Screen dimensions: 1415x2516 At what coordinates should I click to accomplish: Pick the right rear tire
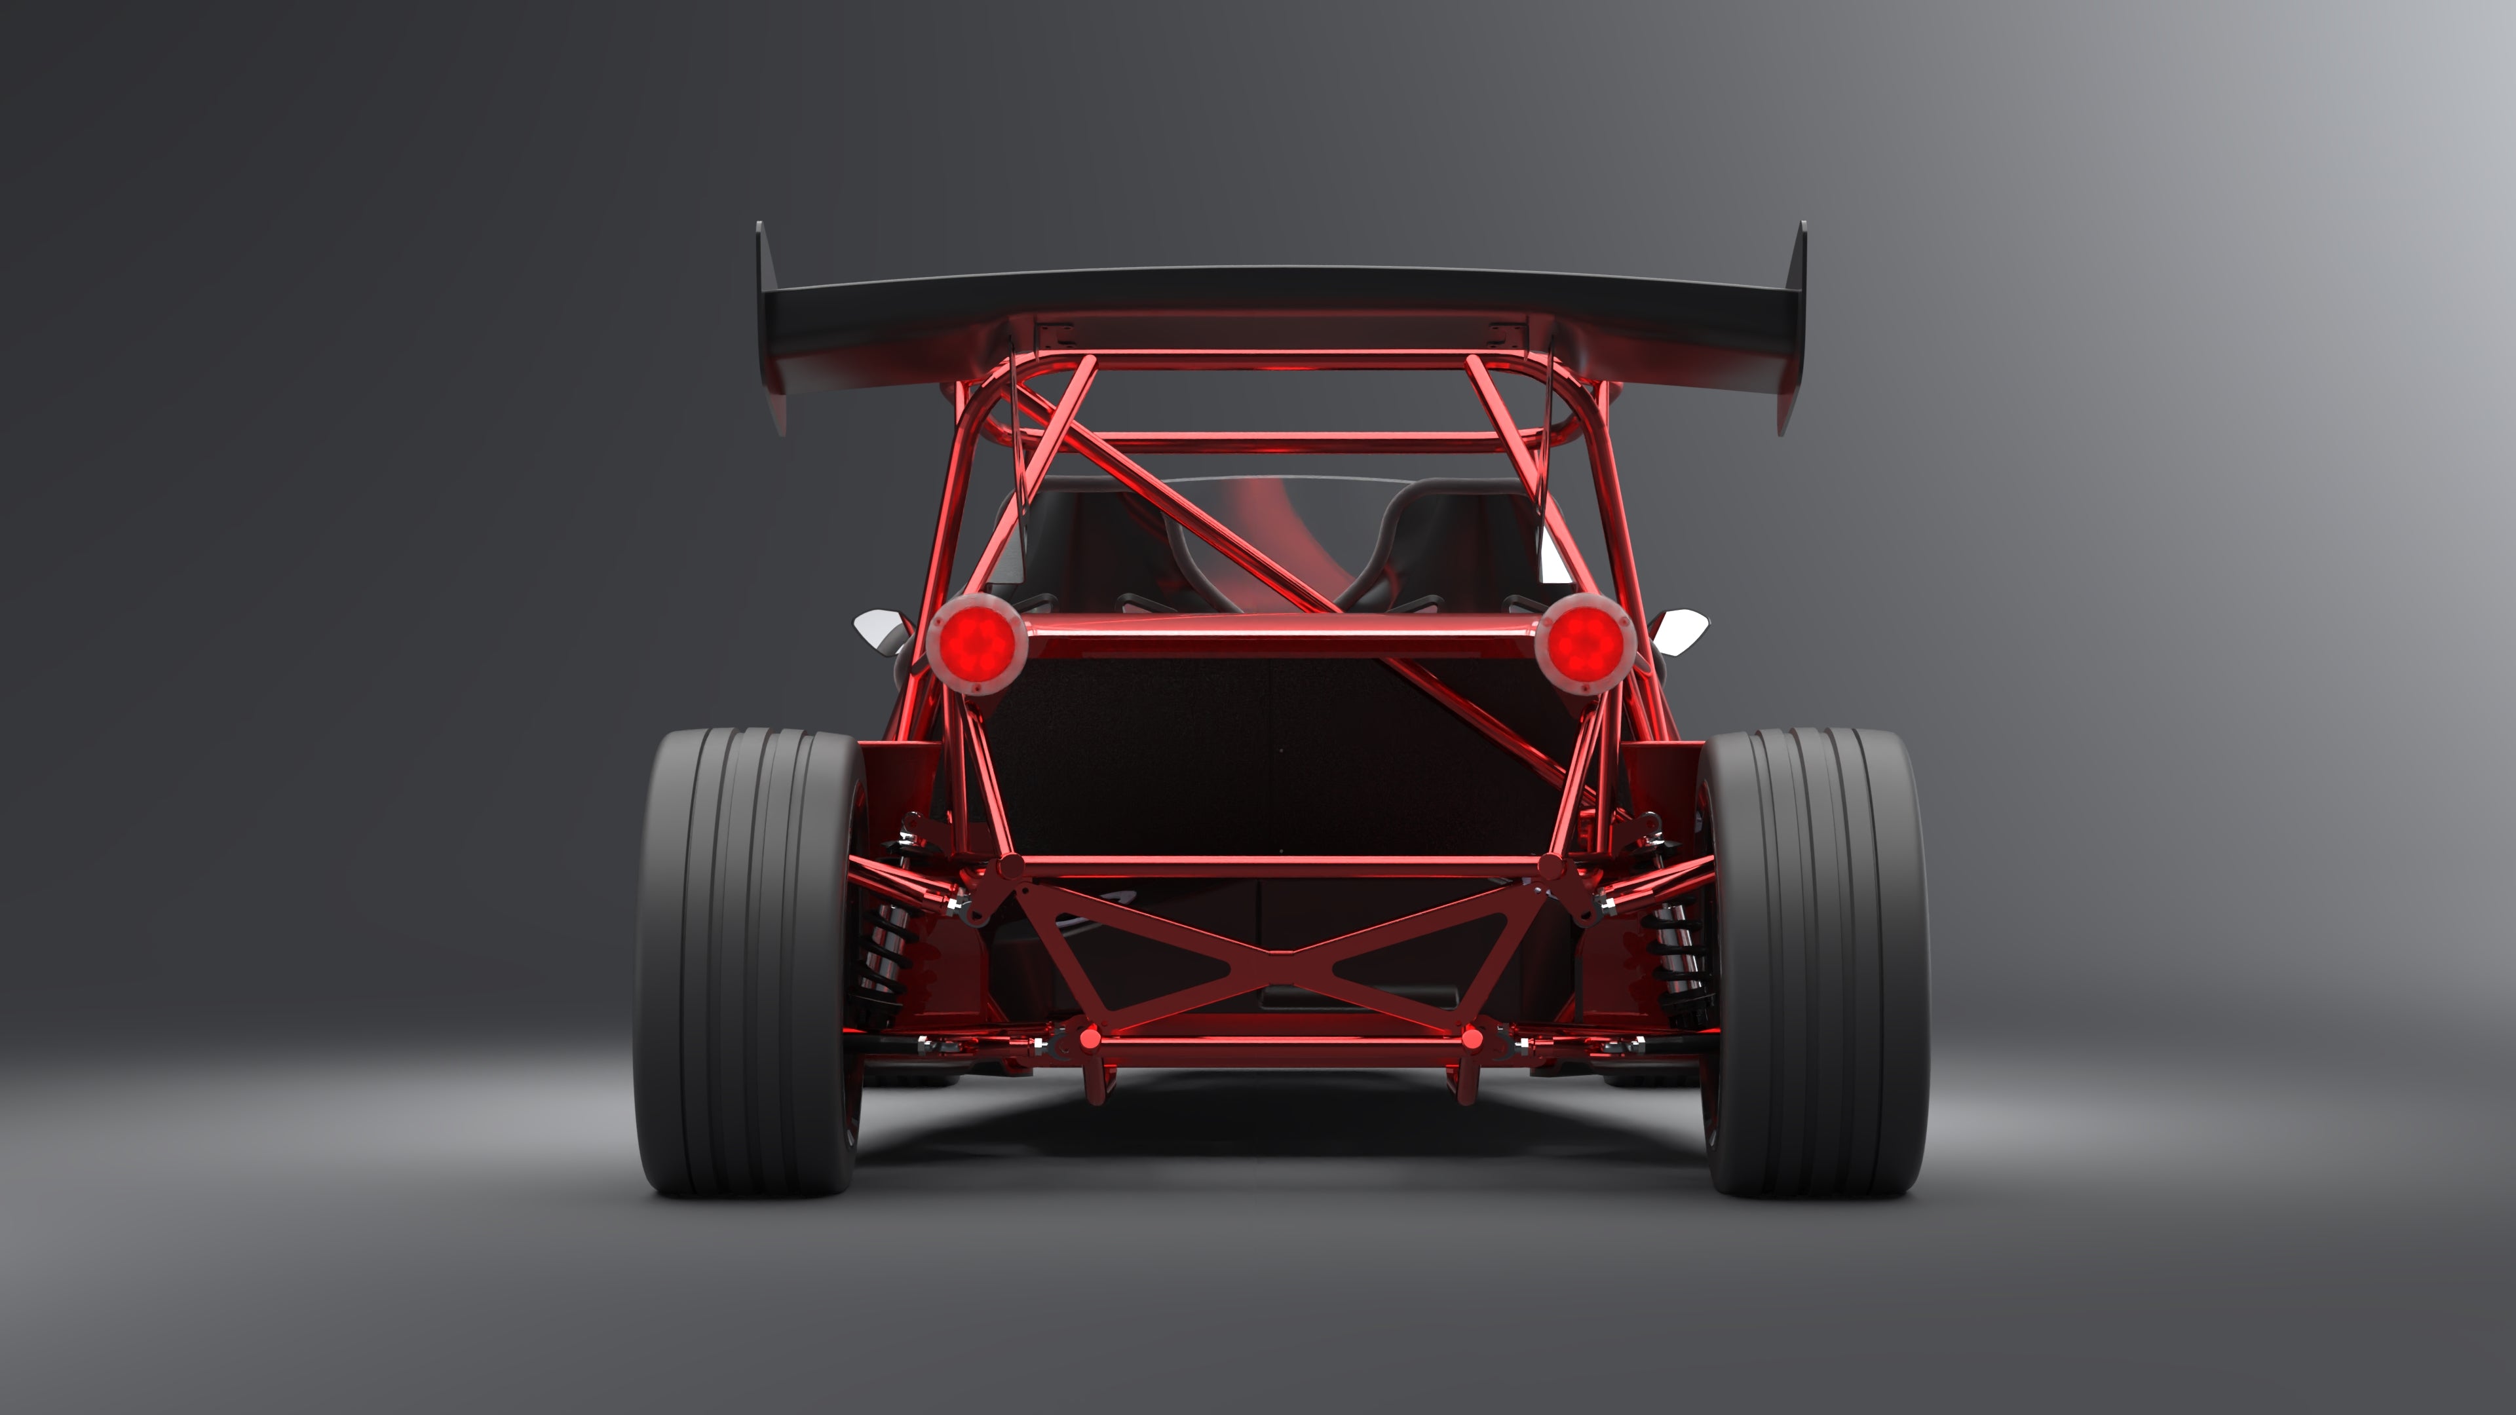tap(1815, 962)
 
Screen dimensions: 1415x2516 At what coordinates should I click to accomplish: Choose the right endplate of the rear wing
tap(1793, 327)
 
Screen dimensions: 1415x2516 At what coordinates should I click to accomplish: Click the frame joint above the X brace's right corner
tap(1551, 867)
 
